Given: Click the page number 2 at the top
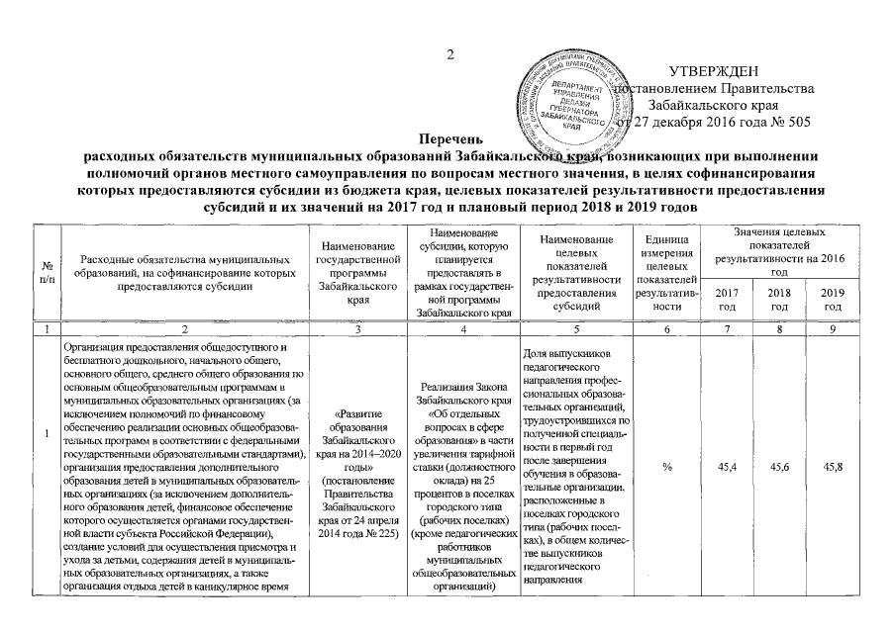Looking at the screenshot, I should [448, 53].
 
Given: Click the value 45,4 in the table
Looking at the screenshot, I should [726, 466].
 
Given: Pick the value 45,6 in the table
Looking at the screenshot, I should [779, 466].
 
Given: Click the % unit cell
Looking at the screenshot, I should [666, 466].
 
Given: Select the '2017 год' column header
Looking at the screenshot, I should [726, 299].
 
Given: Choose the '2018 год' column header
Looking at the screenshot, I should [779, 299].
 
